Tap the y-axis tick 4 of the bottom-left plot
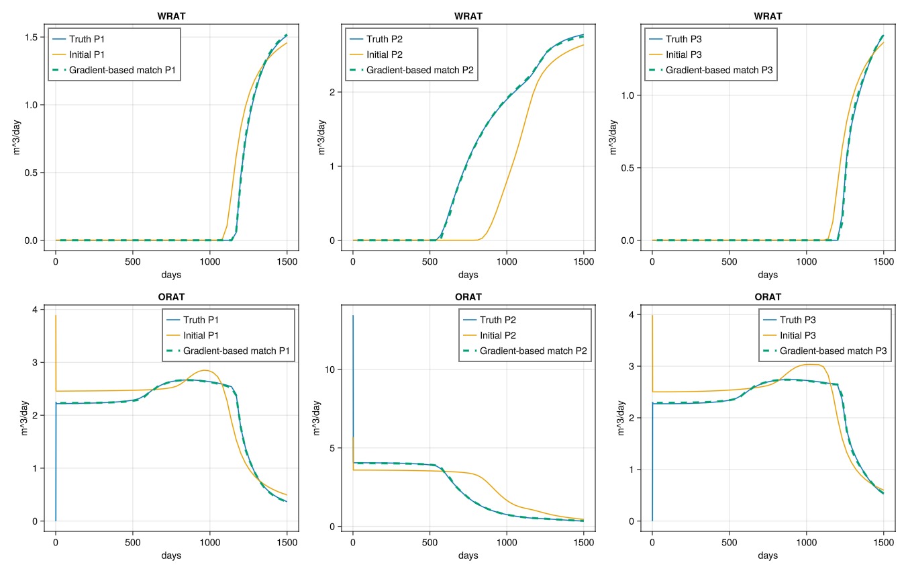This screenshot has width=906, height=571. [35, 310]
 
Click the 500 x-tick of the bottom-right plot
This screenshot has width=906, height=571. [729, 541]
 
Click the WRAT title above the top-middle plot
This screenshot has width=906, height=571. [468, 16]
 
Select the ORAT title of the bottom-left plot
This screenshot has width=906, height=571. [171, 297]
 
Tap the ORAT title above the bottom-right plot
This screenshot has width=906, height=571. [768, 297]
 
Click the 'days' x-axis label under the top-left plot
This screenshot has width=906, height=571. [171, 275]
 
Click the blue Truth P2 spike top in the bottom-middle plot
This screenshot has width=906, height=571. [353, 316]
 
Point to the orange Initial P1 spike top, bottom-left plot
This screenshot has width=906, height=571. [56, 316]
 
